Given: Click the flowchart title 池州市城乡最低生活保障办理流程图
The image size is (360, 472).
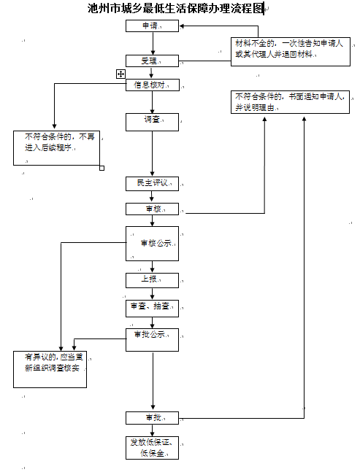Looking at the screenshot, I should pos(175,9).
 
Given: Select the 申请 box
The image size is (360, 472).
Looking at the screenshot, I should pos(152,26).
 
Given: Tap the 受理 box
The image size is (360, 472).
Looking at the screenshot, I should pos(152,61).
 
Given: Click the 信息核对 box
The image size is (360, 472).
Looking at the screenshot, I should pos(152,85).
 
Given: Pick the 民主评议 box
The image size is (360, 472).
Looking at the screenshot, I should pos(152,184).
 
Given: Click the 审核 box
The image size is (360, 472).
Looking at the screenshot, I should pos(152,210).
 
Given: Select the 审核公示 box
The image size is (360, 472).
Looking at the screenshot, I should pos(152,244).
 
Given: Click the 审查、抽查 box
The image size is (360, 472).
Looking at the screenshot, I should pos(152,308).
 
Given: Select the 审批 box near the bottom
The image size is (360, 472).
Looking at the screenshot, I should pos(152,418).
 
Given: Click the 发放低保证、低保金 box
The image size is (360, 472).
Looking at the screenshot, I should pos(152,448).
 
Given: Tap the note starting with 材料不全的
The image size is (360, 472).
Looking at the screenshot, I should pos(289,49).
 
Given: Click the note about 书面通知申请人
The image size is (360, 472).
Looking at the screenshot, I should pos(289,102).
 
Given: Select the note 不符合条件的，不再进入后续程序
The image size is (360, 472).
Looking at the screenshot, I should pos(58,147).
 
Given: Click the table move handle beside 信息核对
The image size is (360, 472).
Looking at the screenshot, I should pos(120,74).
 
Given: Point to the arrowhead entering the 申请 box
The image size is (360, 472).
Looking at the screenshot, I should pos(182,26).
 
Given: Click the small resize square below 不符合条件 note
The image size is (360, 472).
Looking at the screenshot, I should pos(102,168).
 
